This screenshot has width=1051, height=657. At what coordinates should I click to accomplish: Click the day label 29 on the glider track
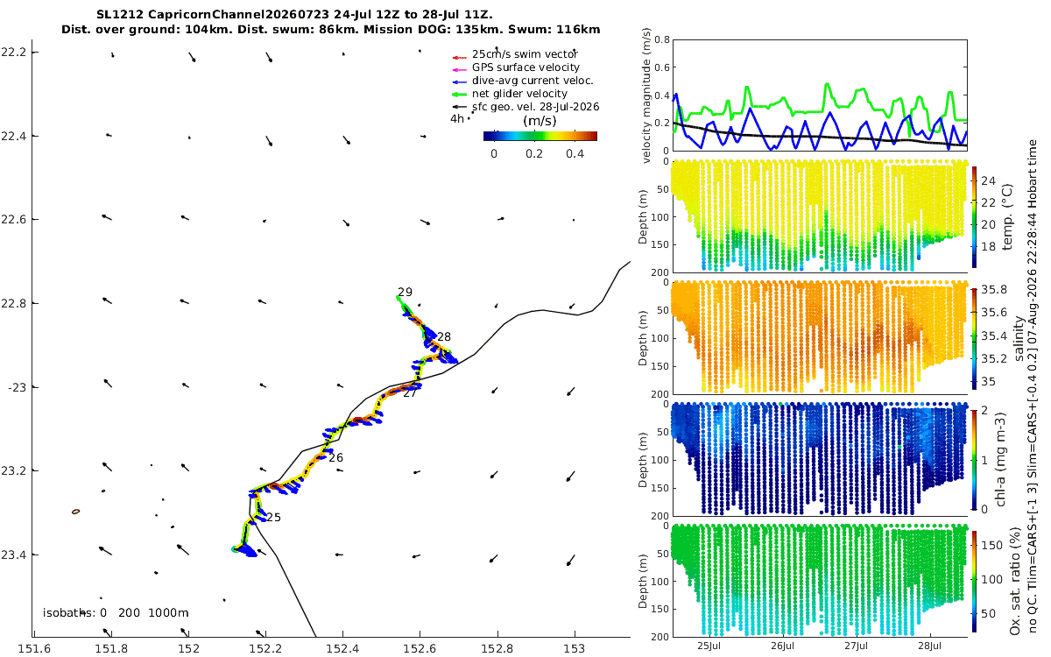(405, 292)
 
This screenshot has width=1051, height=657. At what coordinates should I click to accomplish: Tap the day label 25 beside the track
(273, 517)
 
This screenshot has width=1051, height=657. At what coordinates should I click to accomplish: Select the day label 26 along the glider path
(336, 457)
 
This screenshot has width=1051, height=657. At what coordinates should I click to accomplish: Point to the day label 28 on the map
(444, 336)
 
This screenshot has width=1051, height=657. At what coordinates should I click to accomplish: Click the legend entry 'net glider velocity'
(519, 94)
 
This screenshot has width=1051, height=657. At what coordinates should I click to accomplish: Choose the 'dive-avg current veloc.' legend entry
(533, 81)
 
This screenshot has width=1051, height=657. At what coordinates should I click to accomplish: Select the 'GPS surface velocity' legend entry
(525, 67)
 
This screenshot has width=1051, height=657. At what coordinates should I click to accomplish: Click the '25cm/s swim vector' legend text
(525, 54)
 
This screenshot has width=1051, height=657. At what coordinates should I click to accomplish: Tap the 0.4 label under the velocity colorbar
(575, 154)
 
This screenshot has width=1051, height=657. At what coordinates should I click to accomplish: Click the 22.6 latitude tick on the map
(12, 219)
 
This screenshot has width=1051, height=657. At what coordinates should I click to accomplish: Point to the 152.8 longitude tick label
(497, 649)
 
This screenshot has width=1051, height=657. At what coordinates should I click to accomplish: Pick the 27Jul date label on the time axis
(857, 646)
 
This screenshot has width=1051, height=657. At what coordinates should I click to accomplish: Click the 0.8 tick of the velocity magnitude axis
(662, 40)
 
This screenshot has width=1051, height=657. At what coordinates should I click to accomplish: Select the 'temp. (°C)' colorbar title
(1007, 217)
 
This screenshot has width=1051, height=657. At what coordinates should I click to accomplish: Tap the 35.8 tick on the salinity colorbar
(994, 290)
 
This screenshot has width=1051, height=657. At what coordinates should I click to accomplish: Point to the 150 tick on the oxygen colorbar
(991, 545)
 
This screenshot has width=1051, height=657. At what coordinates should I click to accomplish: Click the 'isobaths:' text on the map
(68, 613)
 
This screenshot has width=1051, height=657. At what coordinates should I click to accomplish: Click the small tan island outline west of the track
(75, 512)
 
